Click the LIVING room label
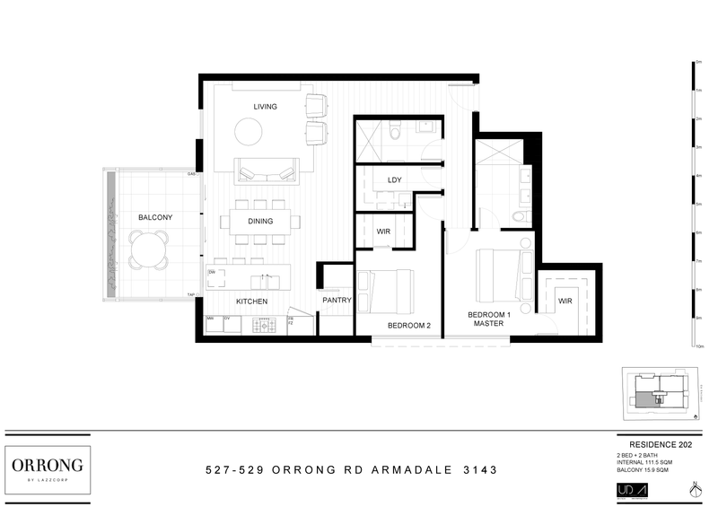pyautogui.click(x=265, y=107)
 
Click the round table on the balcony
pyautogui.click(x=148, y=249)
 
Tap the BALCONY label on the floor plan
pyautogui.click(x=155, y=217)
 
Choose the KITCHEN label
pyautogui.click(x=251, y=302)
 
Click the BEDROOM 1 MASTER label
pyautogui.click(x=489, y=319)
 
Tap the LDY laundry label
pyautogui.click(x=393, y=180)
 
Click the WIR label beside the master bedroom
pyautogui.click(x=565, y=302)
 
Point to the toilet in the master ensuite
pyautogui.click(x=517, y=219)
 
